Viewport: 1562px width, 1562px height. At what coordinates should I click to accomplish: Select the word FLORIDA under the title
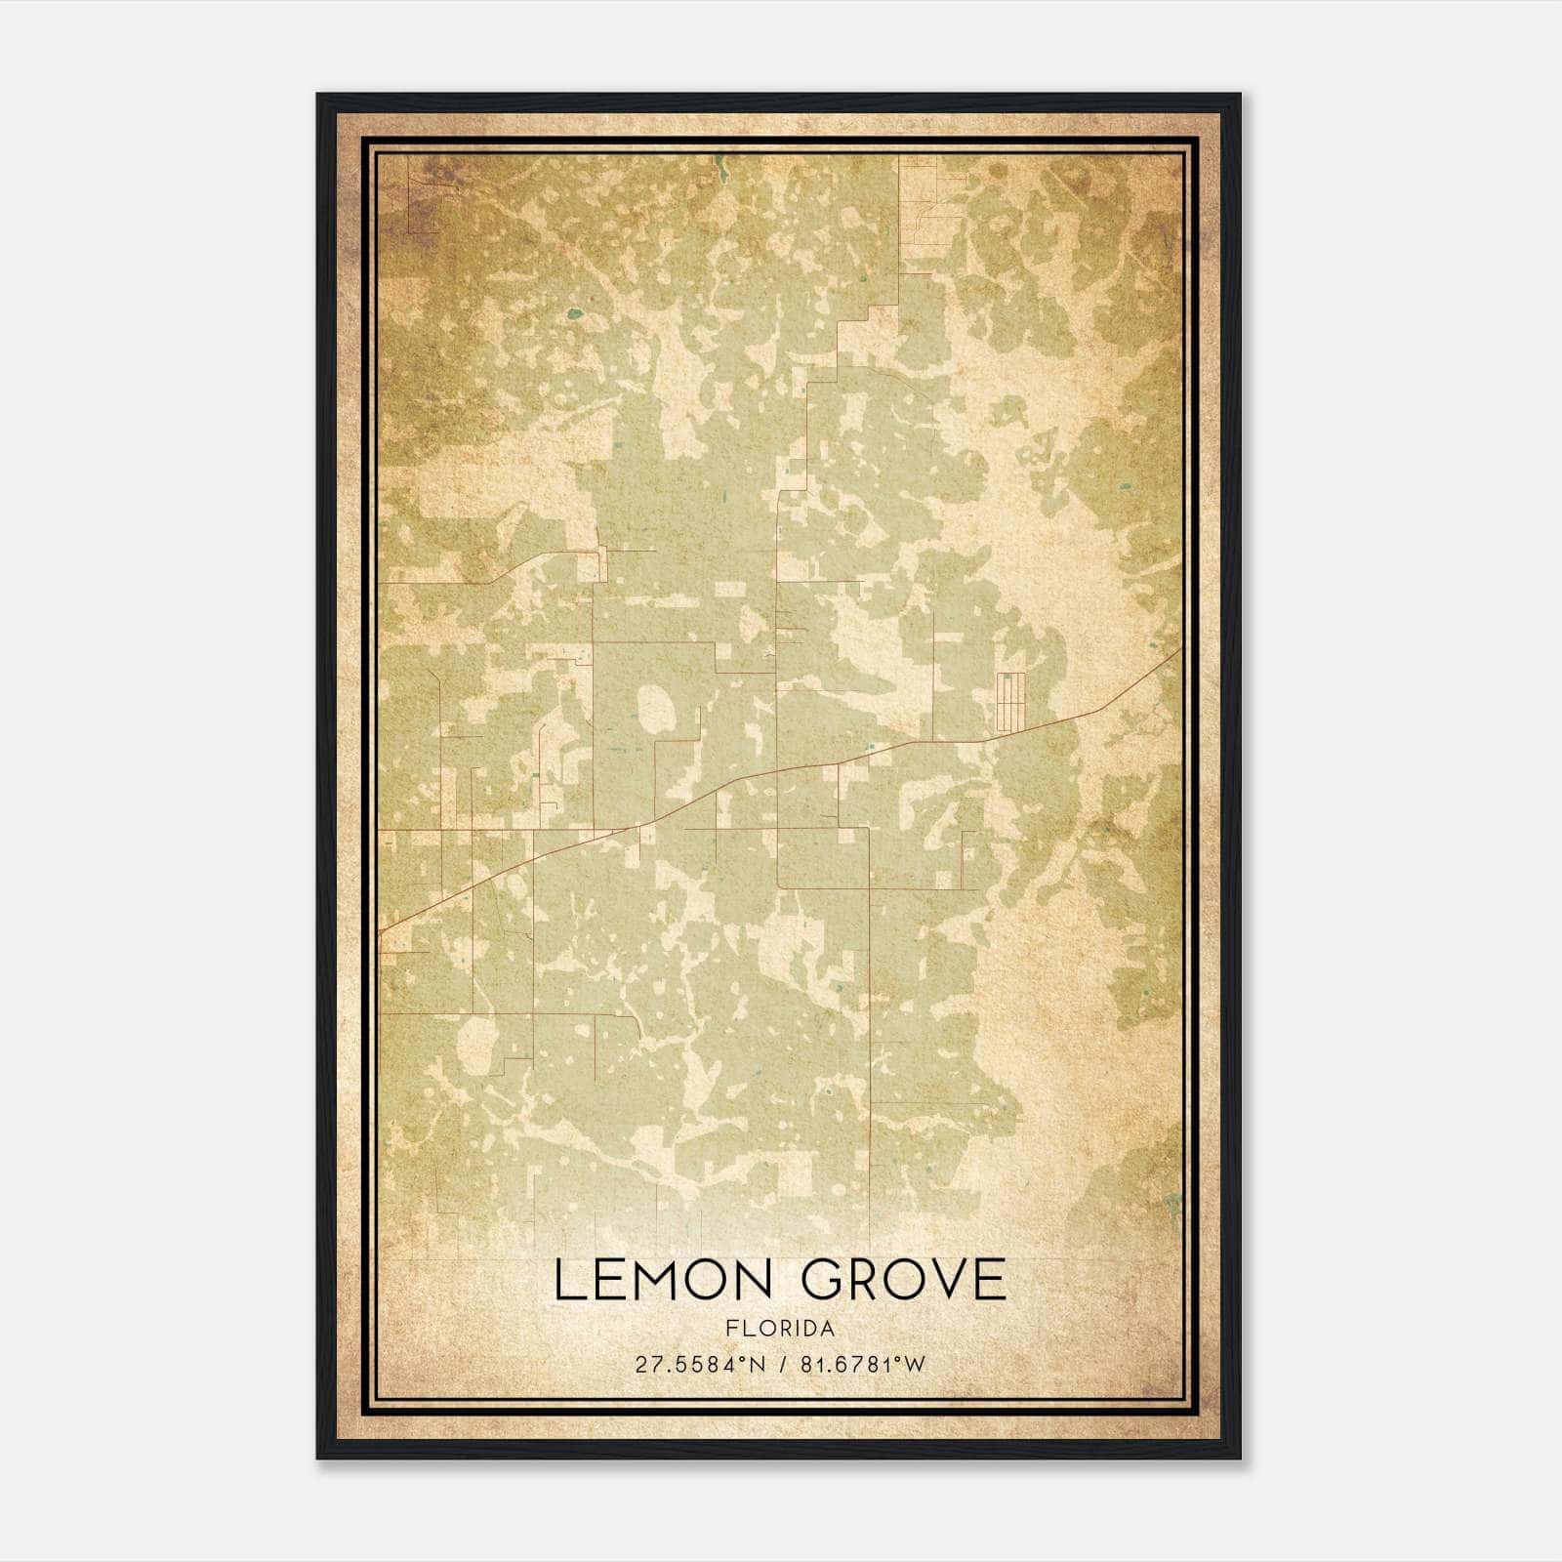tap(780, 1329)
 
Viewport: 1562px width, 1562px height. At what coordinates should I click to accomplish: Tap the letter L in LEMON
tap(567, 1280)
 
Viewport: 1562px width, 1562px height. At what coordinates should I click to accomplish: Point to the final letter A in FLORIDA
tap(828, 1329)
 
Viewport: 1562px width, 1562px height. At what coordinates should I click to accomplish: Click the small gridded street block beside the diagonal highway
tap(1009, 701)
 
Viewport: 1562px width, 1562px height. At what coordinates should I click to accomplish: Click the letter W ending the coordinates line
tap(916, 1365)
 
